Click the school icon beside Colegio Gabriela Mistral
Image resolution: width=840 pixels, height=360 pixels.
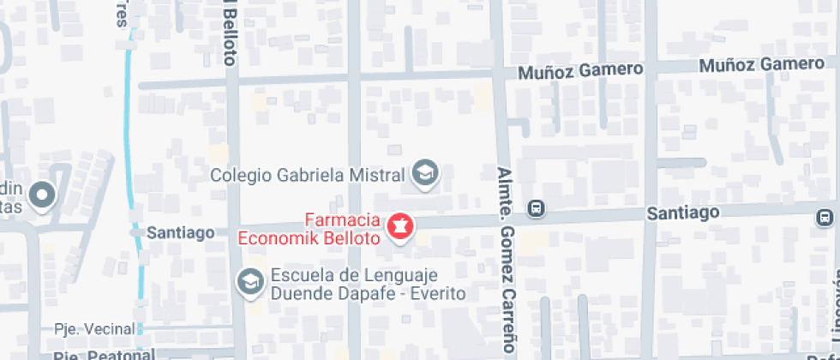pos(424,175)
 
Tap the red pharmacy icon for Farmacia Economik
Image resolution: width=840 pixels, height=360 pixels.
pos(400,227)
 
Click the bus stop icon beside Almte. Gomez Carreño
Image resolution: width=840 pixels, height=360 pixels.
pos(536,208)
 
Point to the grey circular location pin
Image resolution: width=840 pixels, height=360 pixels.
pos(40,195)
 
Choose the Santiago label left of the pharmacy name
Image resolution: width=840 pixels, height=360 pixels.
pos(180,232)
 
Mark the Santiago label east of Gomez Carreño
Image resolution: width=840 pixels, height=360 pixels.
pos(682,212)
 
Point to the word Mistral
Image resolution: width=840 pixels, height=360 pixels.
pos(375,176)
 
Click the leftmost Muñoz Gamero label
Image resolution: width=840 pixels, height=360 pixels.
pos(580,71)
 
